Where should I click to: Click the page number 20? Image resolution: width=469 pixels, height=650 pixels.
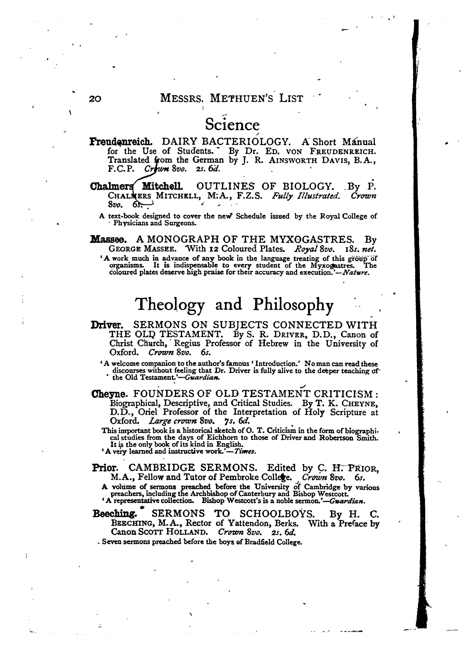tap(95, 99)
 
